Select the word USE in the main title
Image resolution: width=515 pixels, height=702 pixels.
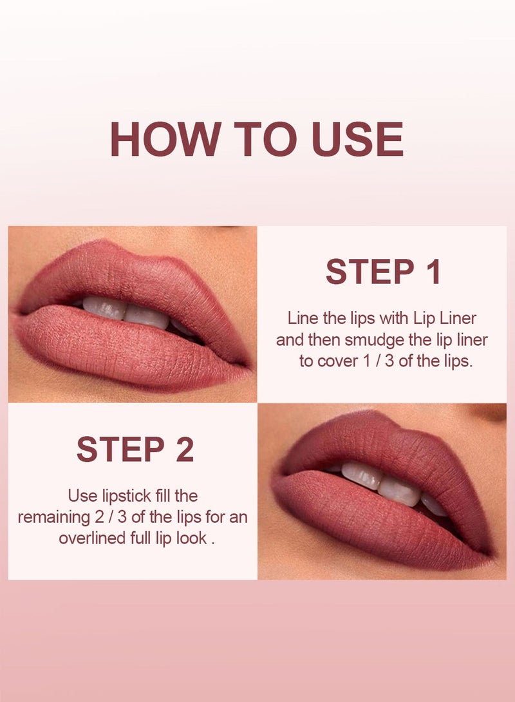tap(357, 139)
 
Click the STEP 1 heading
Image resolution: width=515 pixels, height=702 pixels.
tap(383, 272)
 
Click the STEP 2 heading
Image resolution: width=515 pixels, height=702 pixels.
tap(135, 450)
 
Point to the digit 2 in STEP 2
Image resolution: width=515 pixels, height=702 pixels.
tap(185, 450)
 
